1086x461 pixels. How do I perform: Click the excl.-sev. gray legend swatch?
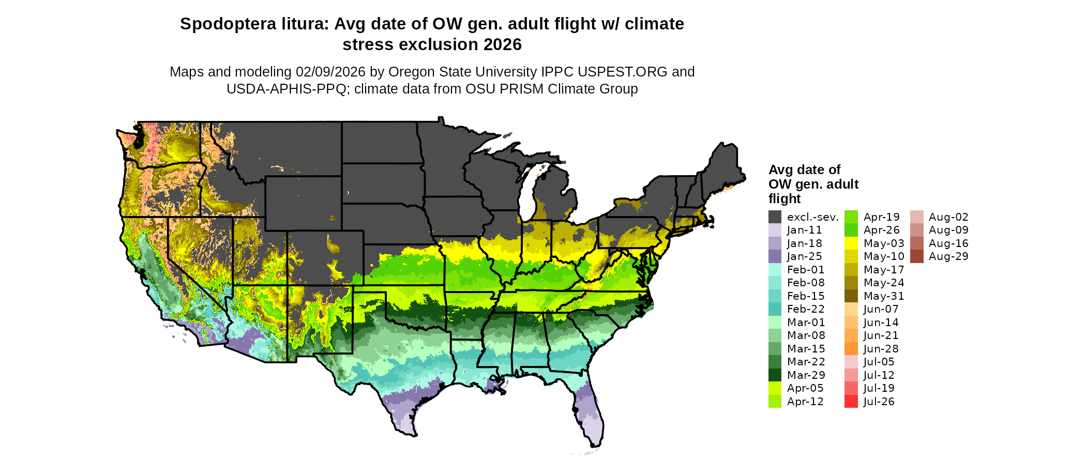click(775, 217)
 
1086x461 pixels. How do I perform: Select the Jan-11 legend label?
click(804, 230)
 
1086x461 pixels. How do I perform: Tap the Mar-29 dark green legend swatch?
click(775, 375)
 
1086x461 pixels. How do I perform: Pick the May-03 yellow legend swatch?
click(851, 243)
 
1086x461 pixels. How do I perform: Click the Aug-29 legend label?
click(948, 257)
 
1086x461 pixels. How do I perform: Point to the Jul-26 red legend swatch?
click(851, 402)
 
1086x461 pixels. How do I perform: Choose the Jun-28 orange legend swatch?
click(851, 349)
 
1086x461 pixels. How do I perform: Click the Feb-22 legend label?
click(806, 310)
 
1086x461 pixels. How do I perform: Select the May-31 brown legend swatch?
click(851, 296)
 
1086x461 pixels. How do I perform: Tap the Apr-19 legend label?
click(882, 217)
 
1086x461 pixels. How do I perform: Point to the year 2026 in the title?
click(503, 45)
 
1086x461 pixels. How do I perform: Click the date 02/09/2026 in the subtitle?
click(330, 72)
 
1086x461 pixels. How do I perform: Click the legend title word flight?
click(784, 199)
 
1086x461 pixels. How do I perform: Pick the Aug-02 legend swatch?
click(916, 217)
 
